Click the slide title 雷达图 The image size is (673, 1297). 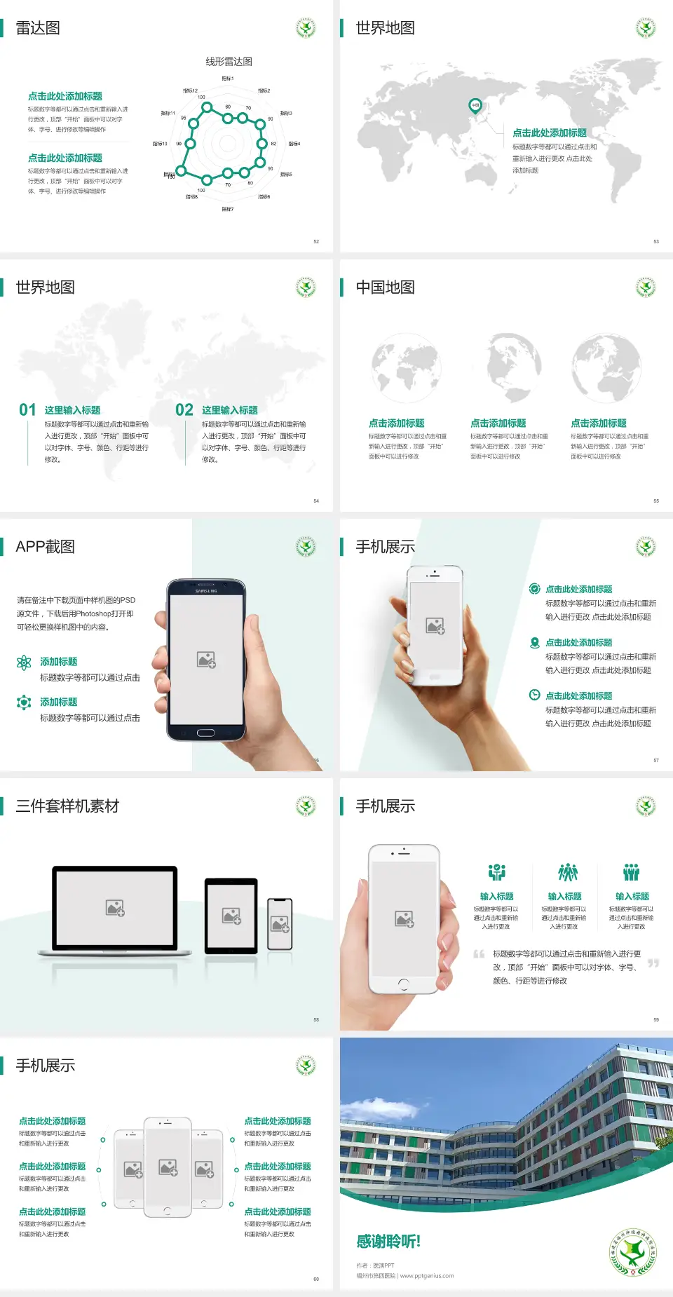pos(38,28)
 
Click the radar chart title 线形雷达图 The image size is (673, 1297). pos(229,62)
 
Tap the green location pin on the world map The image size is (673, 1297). pos(475,106)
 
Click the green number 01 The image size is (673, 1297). pos(27,410)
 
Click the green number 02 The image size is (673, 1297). pos(184,410)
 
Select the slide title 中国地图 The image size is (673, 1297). pos(385,287)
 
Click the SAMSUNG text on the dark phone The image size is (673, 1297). pos(206,591)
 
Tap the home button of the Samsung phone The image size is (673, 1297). pos(205,733)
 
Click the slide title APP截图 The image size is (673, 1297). pos(45,547)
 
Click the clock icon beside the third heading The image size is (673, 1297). pos(534,695)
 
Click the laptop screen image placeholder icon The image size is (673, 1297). pos(115,908)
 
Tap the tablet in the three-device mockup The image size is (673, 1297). pos(231,915)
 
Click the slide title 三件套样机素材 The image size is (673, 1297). pos(67,806)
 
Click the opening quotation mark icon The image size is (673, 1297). pos(479,954)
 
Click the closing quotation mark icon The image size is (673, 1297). pos(653,963)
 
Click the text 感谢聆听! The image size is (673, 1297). pos(388,1242)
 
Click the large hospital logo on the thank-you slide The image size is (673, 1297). pos(634,1252)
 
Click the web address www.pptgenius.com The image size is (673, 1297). pos(427,1276)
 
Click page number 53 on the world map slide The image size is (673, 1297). pos(656,241)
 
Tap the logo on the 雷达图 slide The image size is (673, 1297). pos(306,28)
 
